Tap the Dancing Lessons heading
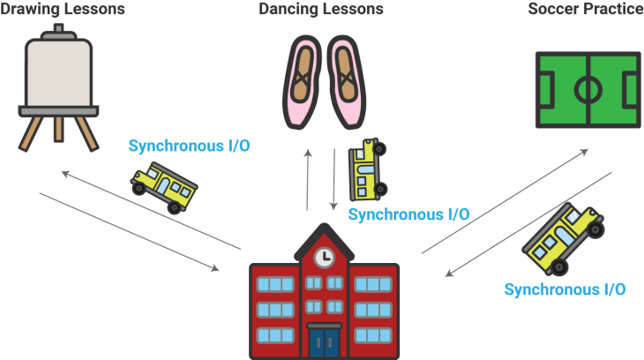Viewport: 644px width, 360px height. [x=321, y=10]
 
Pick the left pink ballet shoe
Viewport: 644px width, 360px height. [x=302, y=79]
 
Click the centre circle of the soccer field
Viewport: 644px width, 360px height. [x=588, y=89]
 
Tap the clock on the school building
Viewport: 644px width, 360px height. [x=324, y=257]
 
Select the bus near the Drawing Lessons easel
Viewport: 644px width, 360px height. [x=164, y=186]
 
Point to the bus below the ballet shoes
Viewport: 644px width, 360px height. [x=366, y=170]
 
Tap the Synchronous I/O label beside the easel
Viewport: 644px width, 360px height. [x=189, y=146]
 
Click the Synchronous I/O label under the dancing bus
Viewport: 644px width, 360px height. [x=408, y=214]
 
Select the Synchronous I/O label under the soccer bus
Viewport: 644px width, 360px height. [x=565, y=289]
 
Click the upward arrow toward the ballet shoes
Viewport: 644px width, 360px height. [x=307, y=176]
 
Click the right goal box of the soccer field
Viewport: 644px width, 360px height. [x=632, y=89]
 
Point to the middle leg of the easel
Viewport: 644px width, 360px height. [x=58, y=128]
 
